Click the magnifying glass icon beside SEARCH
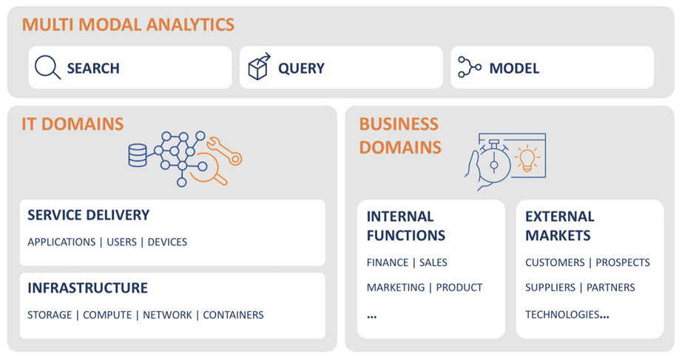(47, 67)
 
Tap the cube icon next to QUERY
(259, 67)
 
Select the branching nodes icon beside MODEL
(469, 67)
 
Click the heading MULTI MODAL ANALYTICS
(128, 24)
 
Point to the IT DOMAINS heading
(72, 123)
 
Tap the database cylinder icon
(138, 155)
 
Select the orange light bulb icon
(527, 159)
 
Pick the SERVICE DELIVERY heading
(88, 215)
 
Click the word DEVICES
(167, 242)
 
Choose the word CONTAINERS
(233, 315)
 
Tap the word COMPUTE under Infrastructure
(107, 315)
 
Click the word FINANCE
(388, 262)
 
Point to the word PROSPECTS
(623, 262)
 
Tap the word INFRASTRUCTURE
(87, 288)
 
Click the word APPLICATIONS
(61, 242)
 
